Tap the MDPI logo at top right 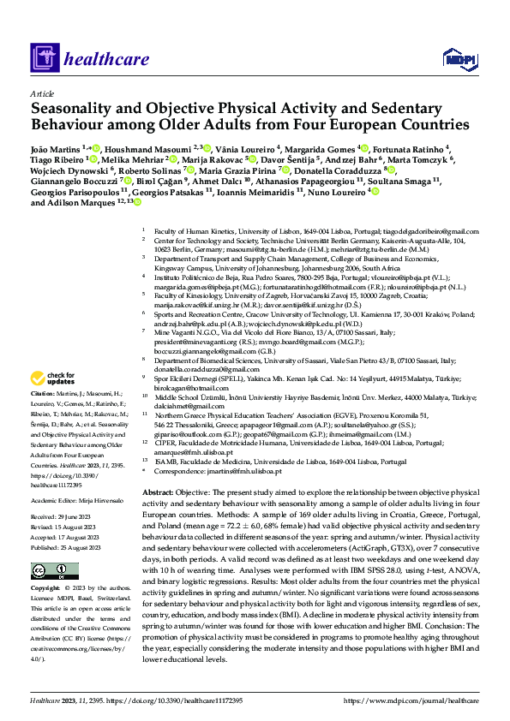pos(454,58)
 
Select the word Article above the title pos(42,93)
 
